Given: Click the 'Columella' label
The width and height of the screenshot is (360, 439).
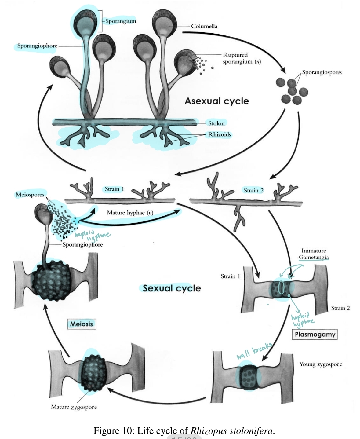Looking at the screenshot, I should coord(204,26).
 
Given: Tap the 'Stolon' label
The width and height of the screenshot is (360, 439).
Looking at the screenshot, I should coord(216,123).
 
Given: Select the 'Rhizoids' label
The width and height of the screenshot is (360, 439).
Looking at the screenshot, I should coord(219,134).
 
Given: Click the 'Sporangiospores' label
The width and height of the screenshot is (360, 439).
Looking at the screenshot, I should coord(322,72).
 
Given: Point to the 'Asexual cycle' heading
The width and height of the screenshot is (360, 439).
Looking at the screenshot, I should coord(216,101).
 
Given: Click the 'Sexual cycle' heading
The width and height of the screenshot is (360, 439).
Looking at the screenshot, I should coord(172,288).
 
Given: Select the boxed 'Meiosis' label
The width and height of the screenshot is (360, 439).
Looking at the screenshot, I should coord(81,324).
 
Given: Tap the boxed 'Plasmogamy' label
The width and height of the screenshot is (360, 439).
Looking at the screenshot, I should coord(315,334).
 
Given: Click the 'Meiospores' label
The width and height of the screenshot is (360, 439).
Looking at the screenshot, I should coord(30,195).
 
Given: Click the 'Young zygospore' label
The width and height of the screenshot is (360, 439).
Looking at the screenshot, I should coord(320,364).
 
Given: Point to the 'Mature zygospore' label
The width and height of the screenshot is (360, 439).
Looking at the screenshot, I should coord(74,407).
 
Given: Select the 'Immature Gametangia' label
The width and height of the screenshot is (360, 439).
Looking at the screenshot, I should coord(314,254).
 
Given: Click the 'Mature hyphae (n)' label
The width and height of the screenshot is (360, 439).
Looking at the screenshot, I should coord(130,213).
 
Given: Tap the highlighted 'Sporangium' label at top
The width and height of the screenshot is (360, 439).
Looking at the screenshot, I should coord(121,21).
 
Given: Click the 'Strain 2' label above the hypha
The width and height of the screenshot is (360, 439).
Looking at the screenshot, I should coord(253,190).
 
